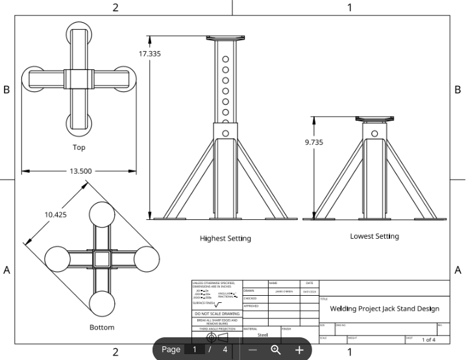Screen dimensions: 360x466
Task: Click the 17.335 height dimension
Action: [149, 53]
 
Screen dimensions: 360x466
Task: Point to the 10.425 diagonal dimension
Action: [55, 214]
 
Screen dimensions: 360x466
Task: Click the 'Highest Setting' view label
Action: [225, 238]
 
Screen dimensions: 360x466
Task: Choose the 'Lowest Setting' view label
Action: [374, 236]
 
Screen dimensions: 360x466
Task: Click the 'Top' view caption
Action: [79, 147]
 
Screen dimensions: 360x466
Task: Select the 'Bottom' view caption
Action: [102, 328]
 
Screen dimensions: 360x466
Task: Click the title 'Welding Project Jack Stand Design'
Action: [384, 309]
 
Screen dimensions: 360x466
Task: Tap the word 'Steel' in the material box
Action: [262, 335]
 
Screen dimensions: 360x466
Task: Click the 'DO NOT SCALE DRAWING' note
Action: [217, 314]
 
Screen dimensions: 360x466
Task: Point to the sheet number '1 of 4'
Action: [428, 340]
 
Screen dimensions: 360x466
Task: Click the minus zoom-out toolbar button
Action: [253, 350]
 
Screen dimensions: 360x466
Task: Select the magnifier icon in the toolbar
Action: [276, 350]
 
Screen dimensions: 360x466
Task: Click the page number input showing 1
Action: [194, 350]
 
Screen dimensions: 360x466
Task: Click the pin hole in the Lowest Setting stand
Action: [374, 134]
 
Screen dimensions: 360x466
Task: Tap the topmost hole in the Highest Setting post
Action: [225, 59]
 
